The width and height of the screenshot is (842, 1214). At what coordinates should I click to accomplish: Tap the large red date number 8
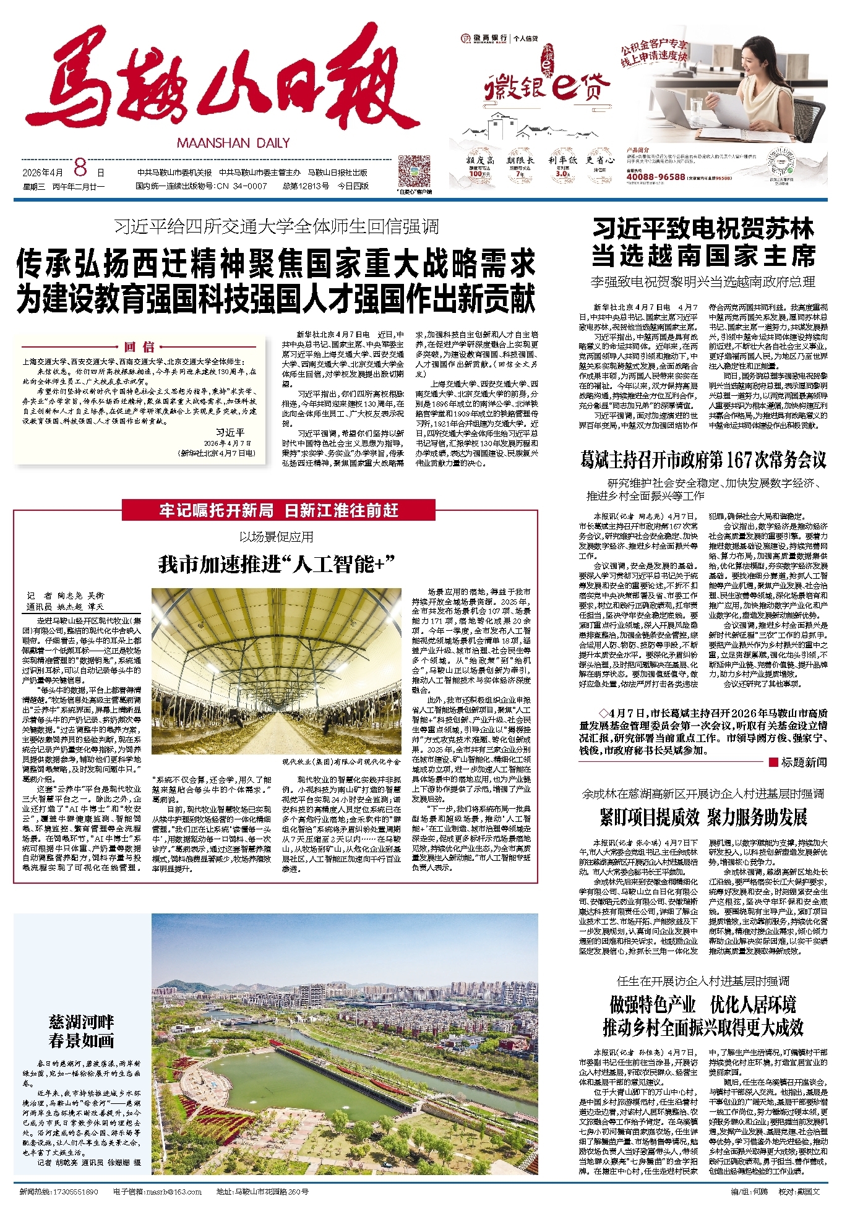coord(80,168)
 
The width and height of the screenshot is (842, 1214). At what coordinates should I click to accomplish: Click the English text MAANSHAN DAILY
coord(233,143)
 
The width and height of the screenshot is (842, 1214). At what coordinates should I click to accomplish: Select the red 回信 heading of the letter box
coord(139,347)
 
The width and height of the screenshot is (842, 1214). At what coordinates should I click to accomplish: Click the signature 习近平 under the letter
coord(230,433)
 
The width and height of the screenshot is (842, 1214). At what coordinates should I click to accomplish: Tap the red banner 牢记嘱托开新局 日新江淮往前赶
coord(278,510)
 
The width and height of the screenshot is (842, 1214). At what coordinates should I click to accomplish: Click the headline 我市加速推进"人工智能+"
coord(277,564)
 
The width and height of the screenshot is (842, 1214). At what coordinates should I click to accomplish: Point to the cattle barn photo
coord(276,671)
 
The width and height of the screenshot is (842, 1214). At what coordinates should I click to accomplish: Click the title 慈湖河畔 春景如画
coord(82,1031)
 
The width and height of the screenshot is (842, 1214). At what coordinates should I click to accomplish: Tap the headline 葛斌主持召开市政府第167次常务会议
coord(703,460)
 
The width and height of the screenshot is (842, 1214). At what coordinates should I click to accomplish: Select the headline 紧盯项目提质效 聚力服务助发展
coord(703,817)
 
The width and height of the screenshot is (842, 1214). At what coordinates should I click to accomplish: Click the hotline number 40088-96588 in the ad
coord(655,177)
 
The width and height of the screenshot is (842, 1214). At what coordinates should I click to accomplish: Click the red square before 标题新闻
coord(773,762)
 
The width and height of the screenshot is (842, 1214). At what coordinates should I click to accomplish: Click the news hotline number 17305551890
coord(76,1192)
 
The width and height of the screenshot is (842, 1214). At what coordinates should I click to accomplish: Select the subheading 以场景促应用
coord(276,537)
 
